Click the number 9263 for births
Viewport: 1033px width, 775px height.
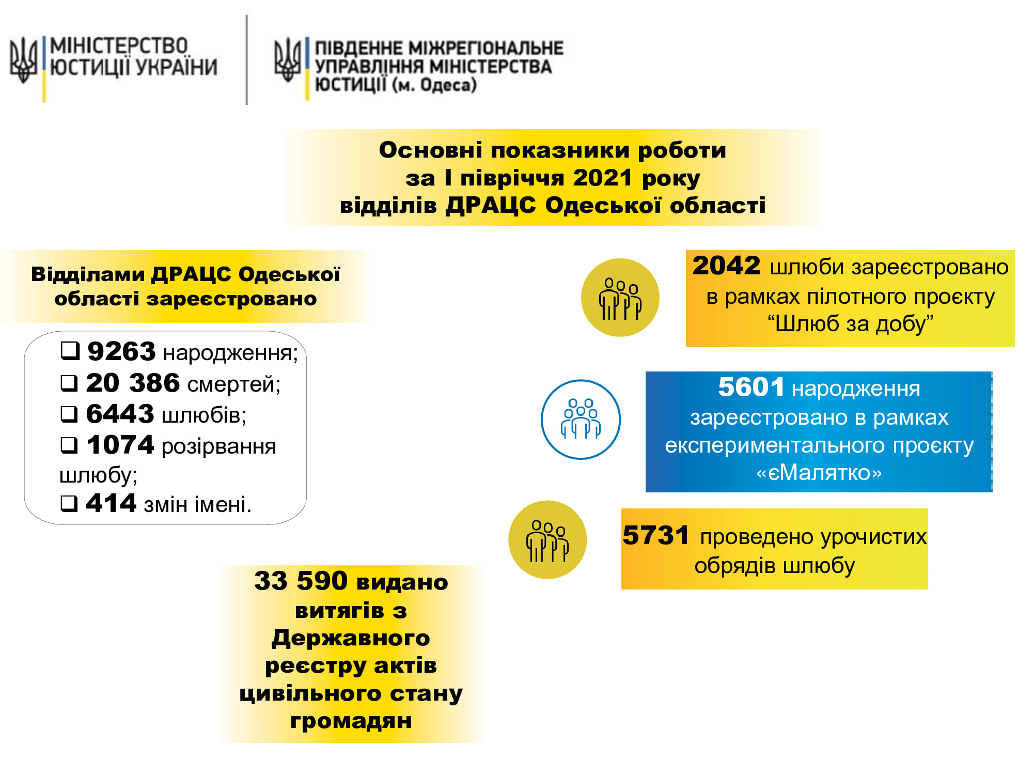click(x=121, y=351)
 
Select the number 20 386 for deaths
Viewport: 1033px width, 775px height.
click(x=133, y=383)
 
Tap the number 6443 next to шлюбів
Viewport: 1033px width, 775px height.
click(x=120, y=414)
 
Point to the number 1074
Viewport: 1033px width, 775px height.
click(x=120, y=445)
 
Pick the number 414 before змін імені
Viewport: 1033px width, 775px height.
click(x=111, y=503)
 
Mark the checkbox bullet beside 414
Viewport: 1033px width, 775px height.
click(x=70, y=503)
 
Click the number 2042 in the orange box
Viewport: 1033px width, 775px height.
click(x=726, y=266)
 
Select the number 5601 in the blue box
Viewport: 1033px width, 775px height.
click(x=752, y=387)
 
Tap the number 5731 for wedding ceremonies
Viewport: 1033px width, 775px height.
click(x=656, y=535)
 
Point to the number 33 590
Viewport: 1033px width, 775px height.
click(x=301, y=581)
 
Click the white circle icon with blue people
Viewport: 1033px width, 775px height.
click(x=581, y=420)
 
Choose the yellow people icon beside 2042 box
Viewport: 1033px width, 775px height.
click(x=620, y=298)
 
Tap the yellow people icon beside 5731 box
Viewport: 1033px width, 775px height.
click(x=547, y=539)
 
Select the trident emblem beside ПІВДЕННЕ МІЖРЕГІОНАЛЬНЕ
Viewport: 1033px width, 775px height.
click(x=288, y=60)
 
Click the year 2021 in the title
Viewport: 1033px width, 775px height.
click(x=603, y=178)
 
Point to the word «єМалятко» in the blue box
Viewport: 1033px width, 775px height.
click(x=819, y=473)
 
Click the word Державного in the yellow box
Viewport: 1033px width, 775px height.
click(x=351, y=639)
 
